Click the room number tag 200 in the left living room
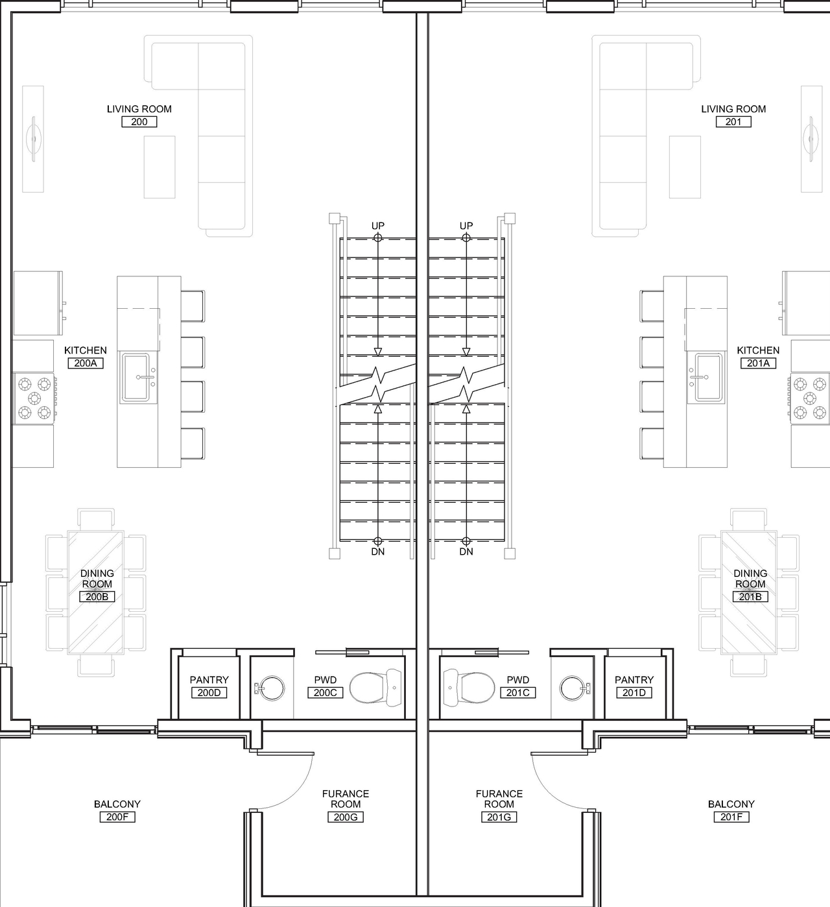pos(139,122)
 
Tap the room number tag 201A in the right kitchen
pos(757,363)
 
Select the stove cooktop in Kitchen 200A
pos(34,398)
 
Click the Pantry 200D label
pos(209,680)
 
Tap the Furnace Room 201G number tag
pos(499,817)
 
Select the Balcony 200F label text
pos(117,804)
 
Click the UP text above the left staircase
pos(377,226)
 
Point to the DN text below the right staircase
pos(466,552)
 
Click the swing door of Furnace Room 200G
pos(285,779)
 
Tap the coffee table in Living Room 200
pos(160,167)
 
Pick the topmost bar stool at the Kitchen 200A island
pos(193,306)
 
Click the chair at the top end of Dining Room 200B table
pos(97,519)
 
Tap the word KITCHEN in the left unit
pos(86,350)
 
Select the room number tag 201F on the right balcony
pos(731,817)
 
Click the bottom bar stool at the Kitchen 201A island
pos(652,443)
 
